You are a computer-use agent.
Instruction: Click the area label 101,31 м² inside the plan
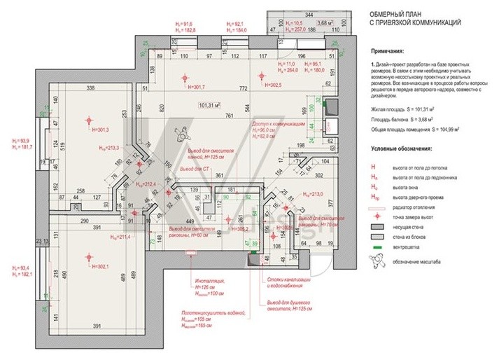point(209,106)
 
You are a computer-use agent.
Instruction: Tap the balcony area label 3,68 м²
point(324,22)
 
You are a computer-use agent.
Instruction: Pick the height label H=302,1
point(101,267)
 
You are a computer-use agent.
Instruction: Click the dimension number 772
point(244,89)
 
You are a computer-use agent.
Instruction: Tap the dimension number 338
point(90,88)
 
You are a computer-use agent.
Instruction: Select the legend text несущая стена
point(410,228)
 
